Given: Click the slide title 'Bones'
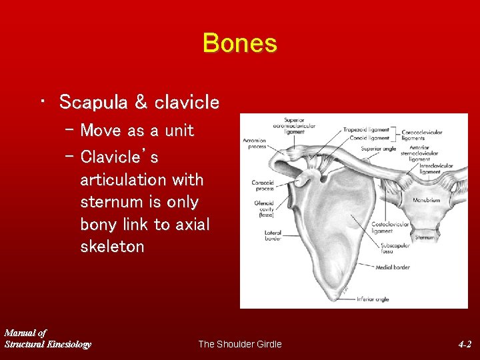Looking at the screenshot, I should pyautogui.click(x=239, y=43).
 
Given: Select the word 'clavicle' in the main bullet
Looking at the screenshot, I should pyautogui.click(x=187, y=102).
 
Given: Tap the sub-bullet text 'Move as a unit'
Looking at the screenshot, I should pyautogui.click(x=137, y=131).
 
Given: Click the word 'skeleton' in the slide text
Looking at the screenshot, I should pyautogui.click(x=112, y=247).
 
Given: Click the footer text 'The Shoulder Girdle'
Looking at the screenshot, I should pyautogui.click(x=239, y=344).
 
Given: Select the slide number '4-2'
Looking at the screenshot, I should pyautogui.click(x=465, y=344).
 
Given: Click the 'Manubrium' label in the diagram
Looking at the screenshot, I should pyautogui.click(x=426, y=199).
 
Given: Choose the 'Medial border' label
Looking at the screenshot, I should pyautogui.click(x=392, y=267).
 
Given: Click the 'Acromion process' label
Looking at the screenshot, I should pyautogui.click(x=254, y=143).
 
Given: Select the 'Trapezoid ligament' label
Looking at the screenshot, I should pyautogui.click(x=366, y=130).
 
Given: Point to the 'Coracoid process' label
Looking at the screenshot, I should pyautogui.click(x=263, y=185).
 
